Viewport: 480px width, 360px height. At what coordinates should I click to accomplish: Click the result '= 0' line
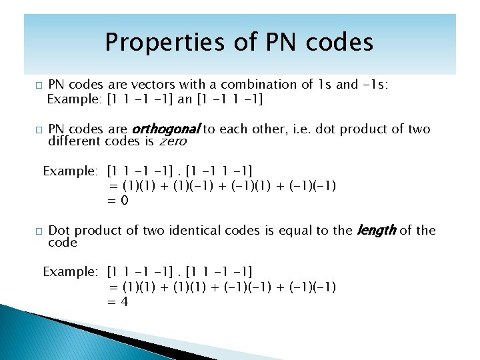pos(118,201)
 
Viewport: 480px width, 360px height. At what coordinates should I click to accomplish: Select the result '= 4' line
pos(118,302)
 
